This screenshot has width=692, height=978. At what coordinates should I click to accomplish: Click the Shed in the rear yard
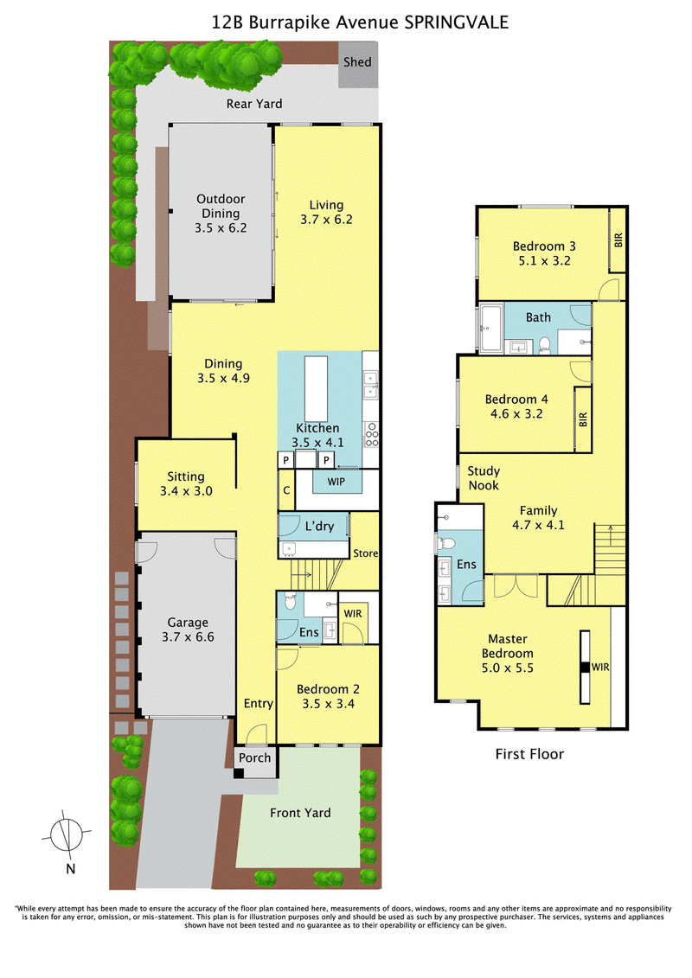pos(358,64)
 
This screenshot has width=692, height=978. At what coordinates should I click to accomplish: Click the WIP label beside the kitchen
pos(336,482)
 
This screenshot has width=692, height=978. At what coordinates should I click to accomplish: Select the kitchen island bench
pos(316,388)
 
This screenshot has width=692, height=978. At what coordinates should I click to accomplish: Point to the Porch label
pos(255,757)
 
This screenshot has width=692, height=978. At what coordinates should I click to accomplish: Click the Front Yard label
pos(300,813)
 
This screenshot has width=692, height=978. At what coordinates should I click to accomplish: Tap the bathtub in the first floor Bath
pos(490,328)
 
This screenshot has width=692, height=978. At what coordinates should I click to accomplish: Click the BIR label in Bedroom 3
pos(618,240)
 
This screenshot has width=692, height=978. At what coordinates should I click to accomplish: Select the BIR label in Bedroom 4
pos(583,419)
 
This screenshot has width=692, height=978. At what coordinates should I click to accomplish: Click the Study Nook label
pos(484,478)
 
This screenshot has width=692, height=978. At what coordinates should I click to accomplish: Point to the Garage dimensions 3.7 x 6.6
pos(188,636)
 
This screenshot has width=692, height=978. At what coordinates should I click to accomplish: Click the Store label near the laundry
pos(366,553)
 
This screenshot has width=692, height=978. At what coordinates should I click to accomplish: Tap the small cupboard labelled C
pos(286,490)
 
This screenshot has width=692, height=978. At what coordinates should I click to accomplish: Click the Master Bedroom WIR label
pos(600,667)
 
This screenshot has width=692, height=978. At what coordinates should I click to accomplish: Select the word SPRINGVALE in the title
pos(457,22)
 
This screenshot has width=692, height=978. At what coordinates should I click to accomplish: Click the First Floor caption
pos(529,754)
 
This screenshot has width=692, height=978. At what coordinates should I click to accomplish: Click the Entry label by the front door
pos(259,704)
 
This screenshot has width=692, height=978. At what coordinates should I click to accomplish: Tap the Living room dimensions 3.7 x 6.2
pos(326,220)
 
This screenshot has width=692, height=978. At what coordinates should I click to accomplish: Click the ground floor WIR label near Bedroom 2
pos(353,614)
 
